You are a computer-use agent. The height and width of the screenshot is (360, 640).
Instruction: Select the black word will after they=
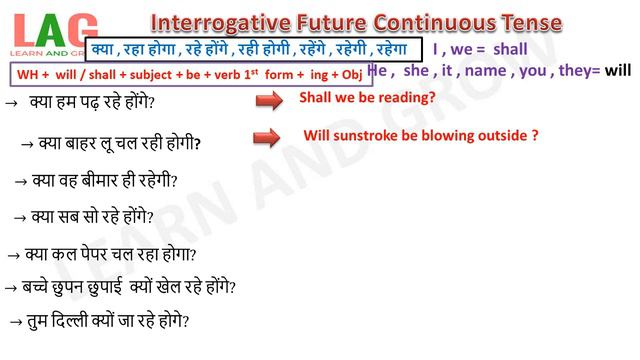[618, 71]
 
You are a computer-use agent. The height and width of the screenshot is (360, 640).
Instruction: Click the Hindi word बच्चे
[39, 287]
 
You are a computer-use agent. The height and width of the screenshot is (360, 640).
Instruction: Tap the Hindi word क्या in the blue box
[102, 48]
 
